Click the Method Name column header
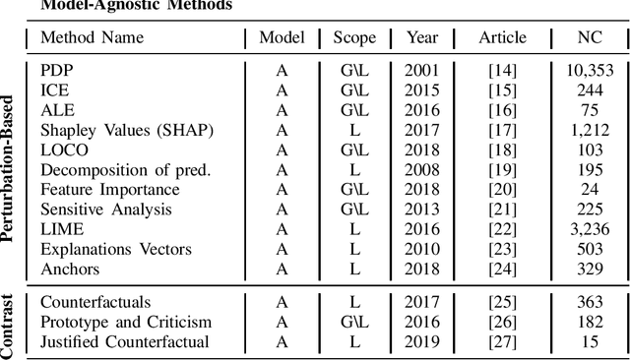pyautogui.click(x=92, y=38)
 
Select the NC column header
pyautogui.click(x=591, y=38)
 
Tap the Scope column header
pyautogui.click(x=354, y=38)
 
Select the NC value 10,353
pyautogui.click(x=591, y=71)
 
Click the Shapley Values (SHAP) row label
pyautogui.click(x=115, y=130)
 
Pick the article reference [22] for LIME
pyautogui.click(x=502, y=228)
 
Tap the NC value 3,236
pyautogui.click(x=591, y=228)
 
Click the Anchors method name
pyautogui.click(x=69, y=268)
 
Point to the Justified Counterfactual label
pyautogui.click(x=124, y=342)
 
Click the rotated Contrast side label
pyautogui.click(x=11, y=324)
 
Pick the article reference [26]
pyautogui.click(x=502, y=323)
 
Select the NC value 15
pyautogui.click(x=591, y=342)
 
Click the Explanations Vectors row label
pyautogui.click(x=115, y=248)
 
